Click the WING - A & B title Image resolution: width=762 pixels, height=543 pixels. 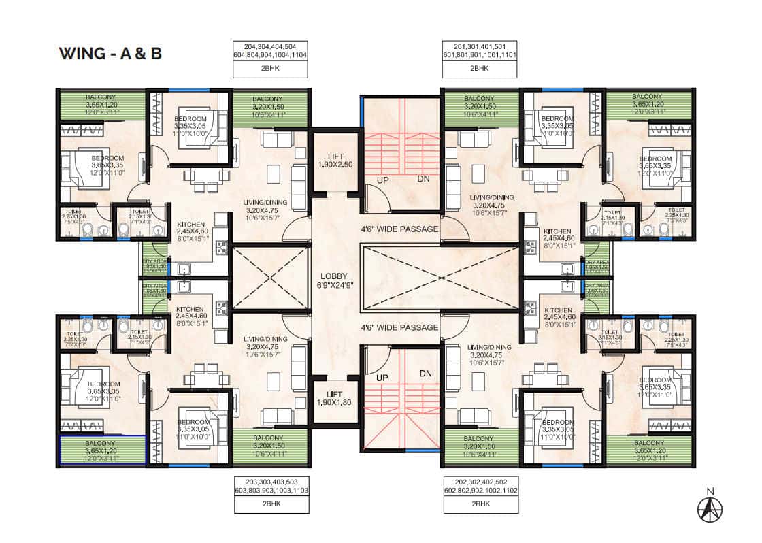click(x=110, y=53)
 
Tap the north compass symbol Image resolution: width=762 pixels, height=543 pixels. click(x=710, y=506)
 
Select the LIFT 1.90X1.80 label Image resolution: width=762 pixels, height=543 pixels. click(x=335, y=398)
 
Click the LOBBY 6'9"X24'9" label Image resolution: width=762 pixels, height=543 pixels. click(x=335, y=281)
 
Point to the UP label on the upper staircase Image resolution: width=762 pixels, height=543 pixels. click(x=384, y=180)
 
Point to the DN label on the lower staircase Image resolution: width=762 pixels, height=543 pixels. click(x=426, y=373)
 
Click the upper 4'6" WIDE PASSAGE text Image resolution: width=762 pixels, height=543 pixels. click(x=399, y=229)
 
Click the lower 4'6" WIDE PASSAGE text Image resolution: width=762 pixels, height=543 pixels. click(x=399, y=327)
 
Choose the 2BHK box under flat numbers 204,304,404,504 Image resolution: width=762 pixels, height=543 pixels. click(x=270, y=69)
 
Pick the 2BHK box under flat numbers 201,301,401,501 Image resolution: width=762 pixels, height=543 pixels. click(x=480, y=69)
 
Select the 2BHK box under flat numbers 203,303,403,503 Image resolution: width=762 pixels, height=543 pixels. click(x=271, y=504)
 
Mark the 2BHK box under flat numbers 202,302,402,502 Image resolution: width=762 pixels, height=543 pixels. click(x=480, y=504)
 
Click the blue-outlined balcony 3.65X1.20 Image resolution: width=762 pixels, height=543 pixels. click(x=103, y=450)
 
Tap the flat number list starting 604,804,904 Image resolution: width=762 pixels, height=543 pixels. click(x=270, y=55)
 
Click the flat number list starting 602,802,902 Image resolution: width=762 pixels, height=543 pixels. click(x=480, y=489)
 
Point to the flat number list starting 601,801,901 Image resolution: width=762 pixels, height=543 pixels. click(x=480, y=55)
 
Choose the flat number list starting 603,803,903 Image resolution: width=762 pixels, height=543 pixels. click(x=271, y=489)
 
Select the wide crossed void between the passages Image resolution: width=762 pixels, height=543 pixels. click(x=442, y=278)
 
